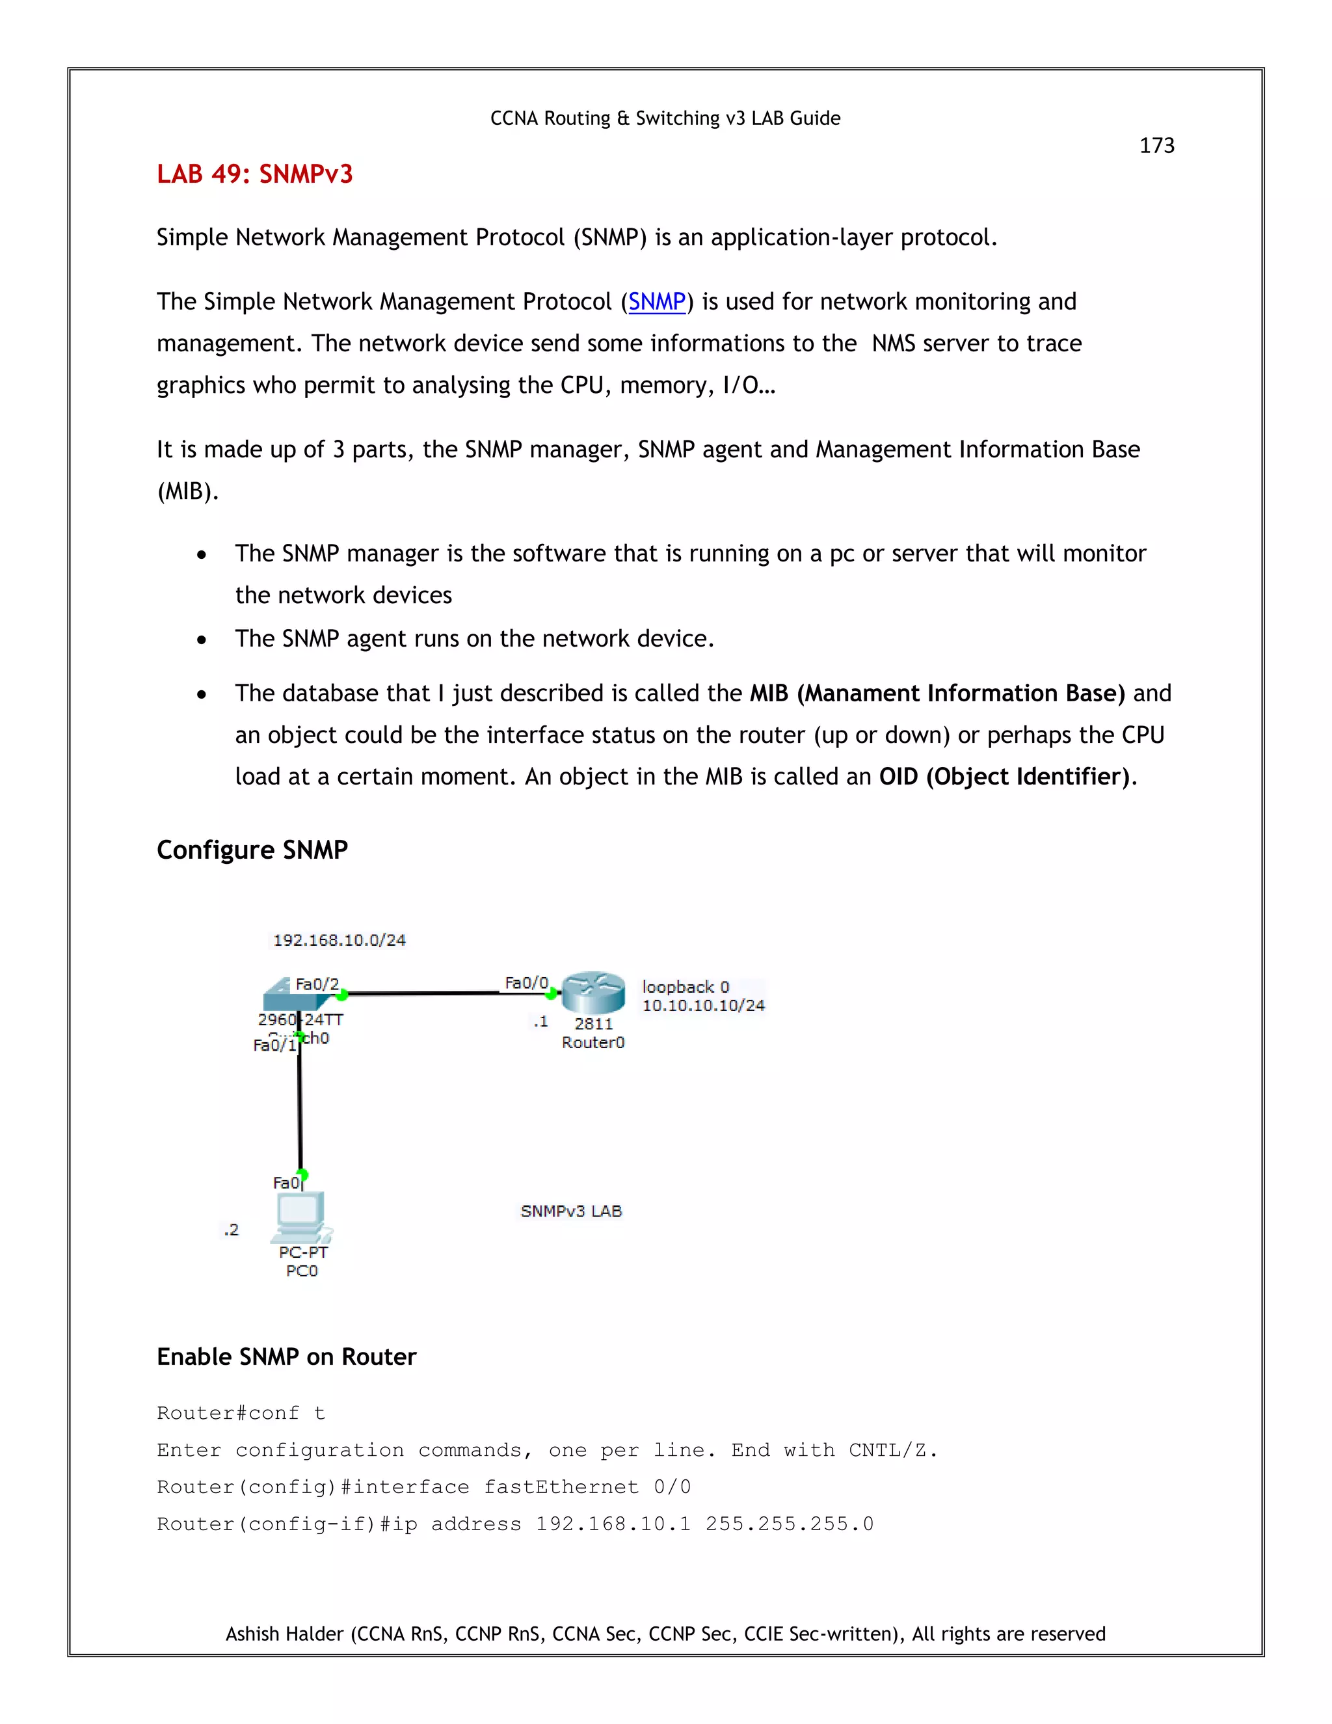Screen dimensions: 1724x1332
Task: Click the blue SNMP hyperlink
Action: pyautogui.click(x=656, y=302)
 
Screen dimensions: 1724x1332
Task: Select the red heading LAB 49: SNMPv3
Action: pyautogui.click(x=254, y=174)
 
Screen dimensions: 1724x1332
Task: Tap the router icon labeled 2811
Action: pyautogui.click(x=593, y=993)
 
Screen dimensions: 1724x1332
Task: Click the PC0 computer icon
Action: pyautogui.click(x=300, y=1217)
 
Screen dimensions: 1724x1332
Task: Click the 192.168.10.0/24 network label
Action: pyautogui.click(x=340, y=940)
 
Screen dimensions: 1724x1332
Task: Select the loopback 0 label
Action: pyautogui.click(x=685, y=987)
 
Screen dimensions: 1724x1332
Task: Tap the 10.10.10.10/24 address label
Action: pyautogui.click(x=703, y=1006)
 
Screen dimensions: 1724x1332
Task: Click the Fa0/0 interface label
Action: pyautogui.click(x=526, y=983)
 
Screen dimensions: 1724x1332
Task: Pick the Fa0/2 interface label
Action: pyautogui.click(x=317, y=984)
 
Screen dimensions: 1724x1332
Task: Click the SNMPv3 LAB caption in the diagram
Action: pyautogui.click(x=571, y=1211)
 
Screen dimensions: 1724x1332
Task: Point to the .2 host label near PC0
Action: pyautogui.click(x=230, y=1230)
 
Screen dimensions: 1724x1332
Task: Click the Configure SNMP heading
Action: pyautogui.click(x=252, y=850)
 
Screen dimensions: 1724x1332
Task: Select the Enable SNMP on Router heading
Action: pyautogui.click(x=286, y=1357)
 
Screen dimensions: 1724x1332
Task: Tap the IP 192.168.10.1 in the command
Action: pyautogui.click(x=612, y=1524)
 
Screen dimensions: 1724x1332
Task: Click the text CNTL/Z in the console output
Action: pyautogui.click(x=891, y=1450)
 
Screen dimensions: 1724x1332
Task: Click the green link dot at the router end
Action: pyautogui.click(x=552, y=994)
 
